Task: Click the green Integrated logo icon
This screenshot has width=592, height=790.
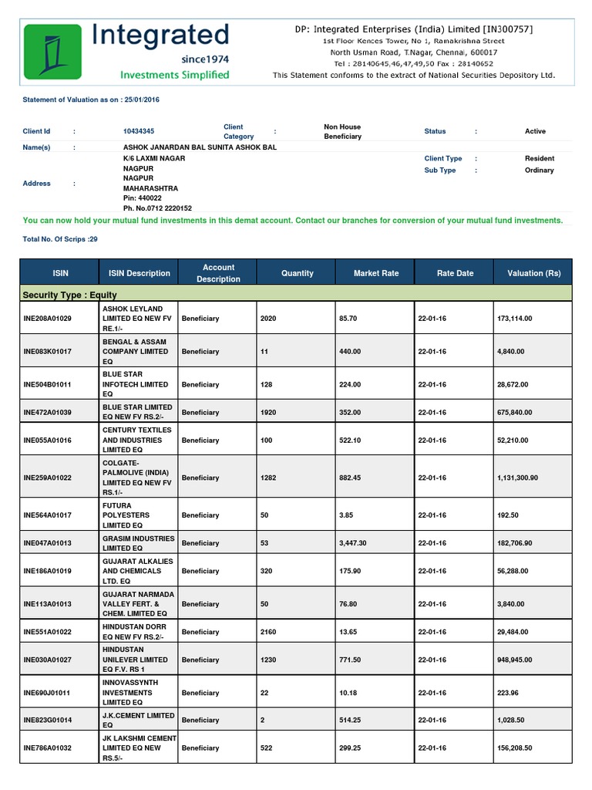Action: click(x=52, y=51)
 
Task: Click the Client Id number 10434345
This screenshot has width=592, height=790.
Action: click(x=143, y=132)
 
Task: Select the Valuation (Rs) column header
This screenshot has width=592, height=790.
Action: click(x=533, y=273)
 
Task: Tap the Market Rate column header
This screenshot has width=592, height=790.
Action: click(x=375, y=273)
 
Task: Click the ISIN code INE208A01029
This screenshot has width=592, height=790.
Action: click(x=48, y=318)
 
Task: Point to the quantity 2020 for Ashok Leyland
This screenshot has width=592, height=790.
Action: click(x=268, y=318)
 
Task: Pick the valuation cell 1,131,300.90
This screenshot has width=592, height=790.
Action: click(x=518, y=478)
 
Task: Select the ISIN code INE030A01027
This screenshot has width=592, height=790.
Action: click(x=48, y=660)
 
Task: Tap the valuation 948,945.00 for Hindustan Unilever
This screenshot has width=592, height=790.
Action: click(x=515, y=660)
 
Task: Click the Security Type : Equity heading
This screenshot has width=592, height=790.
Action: click(x=70, y=295)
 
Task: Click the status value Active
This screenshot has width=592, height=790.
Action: click(x=535, y=132)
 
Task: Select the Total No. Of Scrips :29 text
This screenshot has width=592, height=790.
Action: click(x=60, y=239)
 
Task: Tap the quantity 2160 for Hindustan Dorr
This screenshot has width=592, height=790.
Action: click(x=268, y=632)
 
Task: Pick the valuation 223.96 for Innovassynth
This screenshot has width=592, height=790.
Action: click(x=509, y=693)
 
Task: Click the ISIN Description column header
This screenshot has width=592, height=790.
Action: click(x=140, y=273)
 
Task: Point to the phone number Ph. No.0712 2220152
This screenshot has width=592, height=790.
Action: click(x=157, y=208)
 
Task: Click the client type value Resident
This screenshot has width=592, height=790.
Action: click(x=540, y=158)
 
